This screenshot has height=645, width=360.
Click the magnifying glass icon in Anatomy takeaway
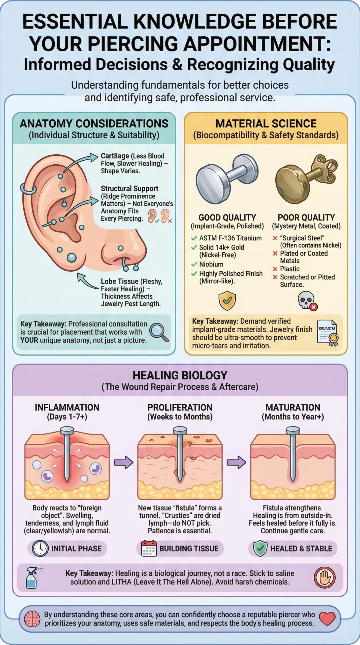[159, 332]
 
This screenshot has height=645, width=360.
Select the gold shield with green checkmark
[227, 300]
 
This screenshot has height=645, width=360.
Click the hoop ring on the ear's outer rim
[28, 189]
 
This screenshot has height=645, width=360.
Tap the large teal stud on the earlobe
[72, 257]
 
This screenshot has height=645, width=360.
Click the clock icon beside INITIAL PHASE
[40, 549]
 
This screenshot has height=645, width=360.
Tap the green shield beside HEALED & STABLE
[260, 548]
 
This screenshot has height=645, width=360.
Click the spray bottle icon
[32, 577]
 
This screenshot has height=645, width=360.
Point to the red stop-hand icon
[325, 577]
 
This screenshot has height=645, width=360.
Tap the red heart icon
[327, 619]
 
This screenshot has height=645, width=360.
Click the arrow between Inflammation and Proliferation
[123, 462]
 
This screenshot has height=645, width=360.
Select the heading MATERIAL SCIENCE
[266, 124]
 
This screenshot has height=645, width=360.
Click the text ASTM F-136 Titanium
[230, 238]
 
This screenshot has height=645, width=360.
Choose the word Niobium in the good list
[211, 264]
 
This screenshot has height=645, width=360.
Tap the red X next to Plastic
[275, 269]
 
